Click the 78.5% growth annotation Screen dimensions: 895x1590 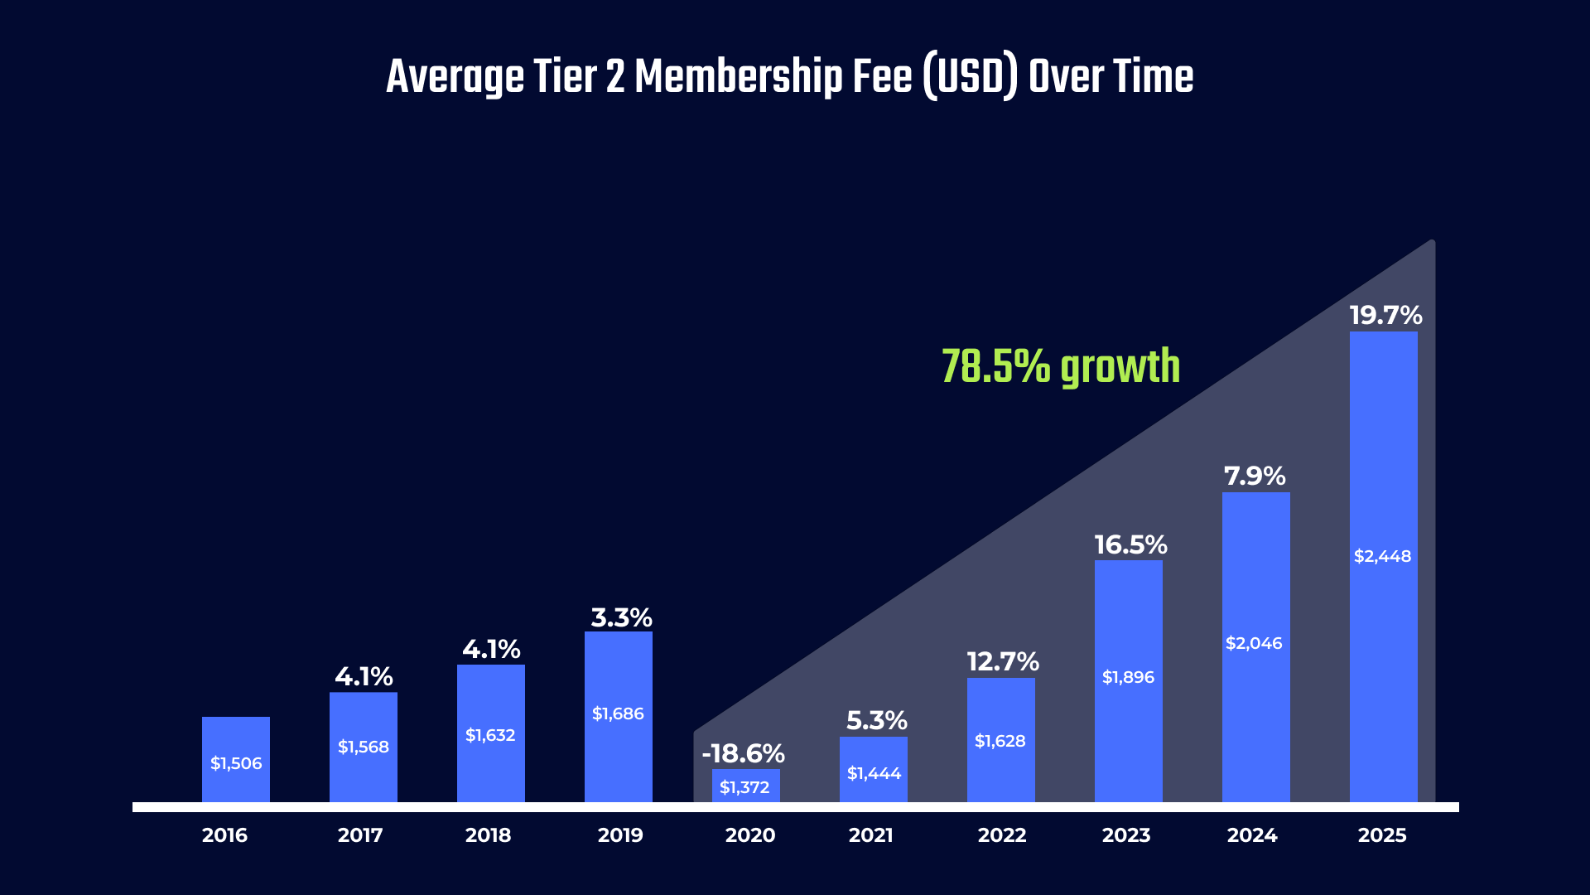pyautogui.click(x=1060, y=366)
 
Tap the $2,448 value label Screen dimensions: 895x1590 pyautogui.click(x=1382, y=556)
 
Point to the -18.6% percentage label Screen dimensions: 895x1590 pyautogui.click(x=743, y=753)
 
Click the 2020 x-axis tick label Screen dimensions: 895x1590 pyautogui.click(x=749, y=835)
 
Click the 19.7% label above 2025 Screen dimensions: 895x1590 pyautogui.click(x=1385, y=315)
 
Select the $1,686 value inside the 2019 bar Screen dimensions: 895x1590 pyautogui.click(x=618, y=714)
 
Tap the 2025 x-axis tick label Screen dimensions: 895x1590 pyautogui.click(x=1381, y=835)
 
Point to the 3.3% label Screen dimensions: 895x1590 pyautogui.click(x=621, y=617)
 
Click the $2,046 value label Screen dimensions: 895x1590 pyautogui.click(x=1254, y=643)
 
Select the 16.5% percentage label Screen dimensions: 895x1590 pyautogui.click(x=1130, y=544)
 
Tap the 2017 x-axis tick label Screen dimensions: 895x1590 pyautogui.click(x=360, y=835)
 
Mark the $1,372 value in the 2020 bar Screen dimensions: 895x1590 pyautogui.click(x=744, y=787)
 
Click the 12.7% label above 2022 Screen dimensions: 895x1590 pyautogui.click(x=1003, y=661)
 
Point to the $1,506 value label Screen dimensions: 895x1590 pyautogui.click(x=236, y=763)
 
